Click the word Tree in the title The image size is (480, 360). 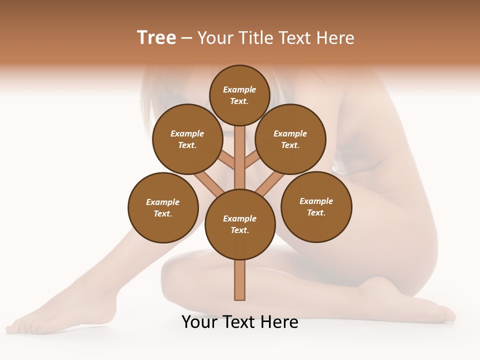point(156,37)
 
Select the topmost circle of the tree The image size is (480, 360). point(239,95)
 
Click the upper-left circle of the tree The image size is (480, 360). point(187,139)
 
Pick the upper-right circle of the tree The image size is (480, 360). point(290,139)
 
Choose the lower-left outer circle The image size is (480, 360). point(163,207)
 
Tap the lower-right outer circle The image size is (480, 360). point(316,206)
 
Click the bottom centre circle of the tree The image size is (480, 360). point(240,224)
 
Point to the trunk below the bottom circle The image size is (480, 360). point(240,280)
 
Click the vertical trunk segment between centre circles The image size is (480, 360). point(240,157)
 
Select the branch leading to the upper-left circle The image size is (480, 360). point(227,160)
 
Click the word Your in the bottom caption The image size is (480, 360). point(198,322)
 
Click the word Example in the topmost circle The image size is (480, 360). point(239,90)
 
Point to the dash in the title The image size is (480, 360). point(186,38)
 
